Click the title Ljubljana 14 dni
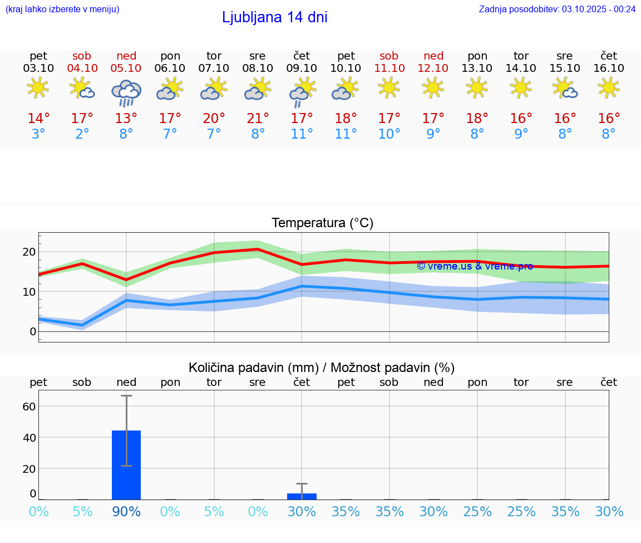point(274,17)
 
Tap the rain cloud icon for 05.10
point(126,92)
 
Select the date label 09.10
point(302,69)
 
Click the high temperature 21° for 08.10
point(258,119)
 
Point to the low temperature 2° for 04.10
point(82,134)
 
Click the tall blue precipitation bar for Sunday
point(126,465)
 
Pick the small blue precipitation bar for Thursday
point(302,496)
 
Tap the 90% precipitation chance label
point(126,511)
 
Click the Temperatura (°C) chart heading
point(322,223)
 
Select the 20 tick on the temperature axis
point(29,252)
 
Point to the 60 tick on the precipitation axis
point(29,407)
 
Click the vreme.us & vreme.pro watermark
point(475,266)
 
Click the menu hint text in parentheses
point(62,9)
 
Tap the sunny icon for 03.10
point(38,88)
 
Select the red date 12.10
point(433,69)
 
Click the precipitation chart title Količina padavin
point(322,368)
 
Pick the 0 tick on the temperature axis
point(33,331)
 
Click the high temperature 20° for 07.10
point(214,119)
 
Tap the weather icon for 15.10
point(565,88)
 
